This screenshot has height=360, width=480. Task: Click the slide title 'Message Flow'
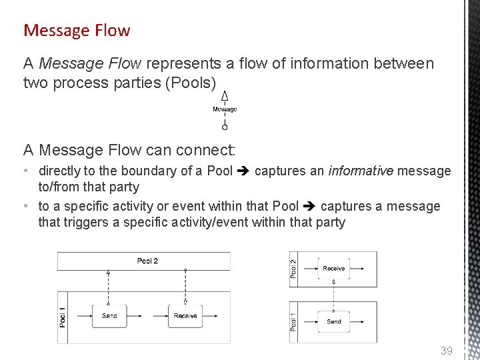click(x=77, y=30)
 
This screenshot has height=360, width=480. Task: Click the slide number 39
click(x=446, y=351)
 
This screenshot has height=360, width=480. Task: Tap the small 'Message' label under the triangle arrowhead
click(x=225, y=109)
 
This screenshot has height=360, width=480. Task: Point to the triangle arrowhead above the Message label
click(x=225, y=96)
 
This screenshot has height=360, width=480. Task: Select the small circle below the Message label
click(x=225, y=127)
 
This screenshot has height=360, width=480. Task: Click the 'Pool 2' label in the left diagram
click(x=147, y=261)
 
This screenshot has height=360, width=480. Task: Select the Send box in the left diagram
click(x=109, y=315)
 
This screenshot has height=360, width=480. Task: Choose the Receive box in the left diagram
click(x=185, y=315)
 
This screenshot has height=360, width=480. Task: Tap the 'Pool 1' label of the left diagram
click(x=63, y=316)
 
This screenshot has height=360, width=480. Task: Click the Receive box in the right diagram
click(x=333, y=268)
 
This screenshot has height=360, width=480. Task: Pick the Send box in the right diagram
click(x=333, y=321)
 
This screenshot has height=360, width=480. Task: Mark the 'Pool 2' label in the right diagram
click(x=294, y=269)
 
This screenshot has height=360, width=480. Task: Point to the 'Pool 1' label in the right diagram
click(x=294, y=321)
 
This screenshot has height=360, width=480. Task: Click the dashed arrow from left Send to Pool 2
click(x=109, y=287)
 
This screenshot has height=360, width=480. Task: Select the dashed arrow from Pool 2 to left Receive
click(x=185, y=287)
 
